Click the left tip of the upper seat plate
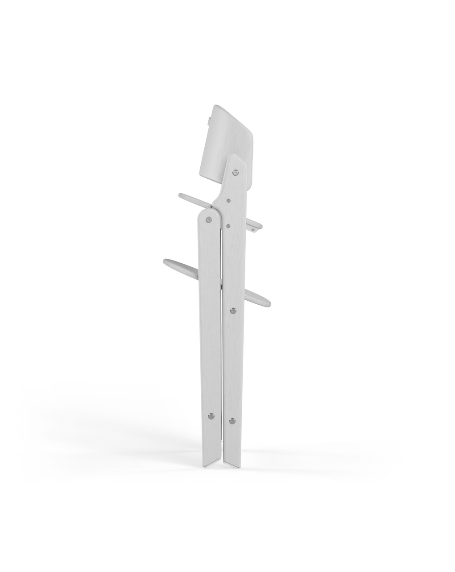point(180,195)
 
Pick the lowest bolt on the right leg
point(232,420)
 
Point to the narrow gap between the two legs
point(222,357)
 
